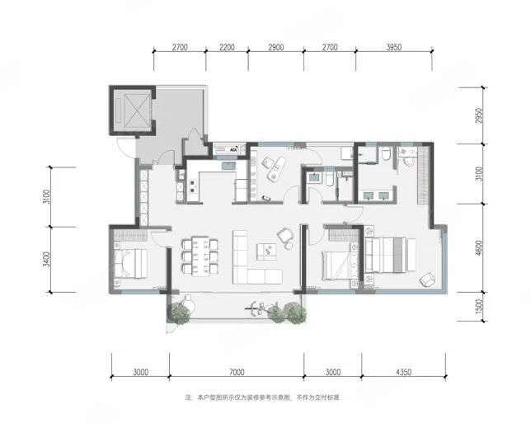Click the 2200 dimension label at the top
[227, 47]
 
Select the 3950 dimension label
[394, 47]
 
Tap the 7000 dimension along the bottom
[237, 372]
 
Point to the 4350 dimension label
[403, 372]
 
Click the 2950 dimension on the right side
[478, 115]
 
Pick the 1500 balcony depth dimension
[478, 306]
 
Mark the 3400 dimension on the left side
[46, 260]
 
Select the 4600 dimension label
[478, 248]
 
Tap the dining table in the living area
[200, 256]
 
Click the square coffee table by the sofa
[266, 251]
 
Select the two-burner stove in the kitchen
[193, 186]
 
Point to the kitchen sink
[229, 166]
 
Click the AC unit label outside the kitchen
[233, 149]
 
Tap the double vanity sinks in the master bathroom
[376, 195]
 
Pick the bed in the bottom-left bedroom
[131, 264]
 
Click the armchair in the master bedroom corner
[427, 280]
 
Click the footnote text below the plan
[261, 397]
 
